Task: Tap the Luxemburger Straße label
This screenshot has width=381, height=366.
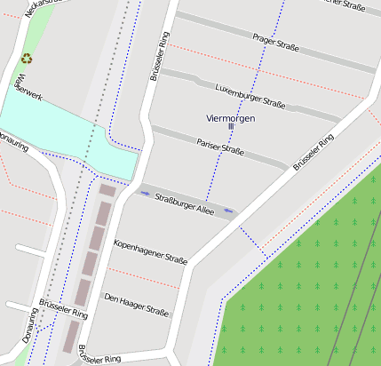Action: [250, 96]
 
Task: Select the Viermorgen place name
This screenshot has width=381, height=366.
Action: [230, 117]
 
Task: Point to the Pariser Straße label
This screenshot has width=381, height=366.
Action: [219, 146]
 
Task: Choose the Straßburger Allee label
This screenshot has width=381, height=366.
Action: [184, 203]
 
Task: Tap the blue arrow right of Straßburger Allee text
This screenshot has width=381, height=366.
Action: [228, 211]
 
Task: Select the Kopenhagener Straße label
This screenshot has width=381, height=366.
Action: [150, 252]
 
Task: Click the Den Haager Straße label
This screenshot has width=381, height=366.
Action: [136, 304]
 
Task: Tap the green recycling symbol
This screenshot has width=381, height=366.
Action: [27, 60]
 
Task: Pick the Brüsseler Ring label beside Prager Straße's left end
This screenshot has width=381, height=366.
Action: [160, 58]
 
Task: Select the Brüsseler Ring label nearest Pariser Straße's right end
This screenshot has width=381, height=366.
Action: [313, 152]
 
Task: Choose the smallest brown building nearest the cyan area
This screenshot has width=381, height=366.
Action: [107, 190]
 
